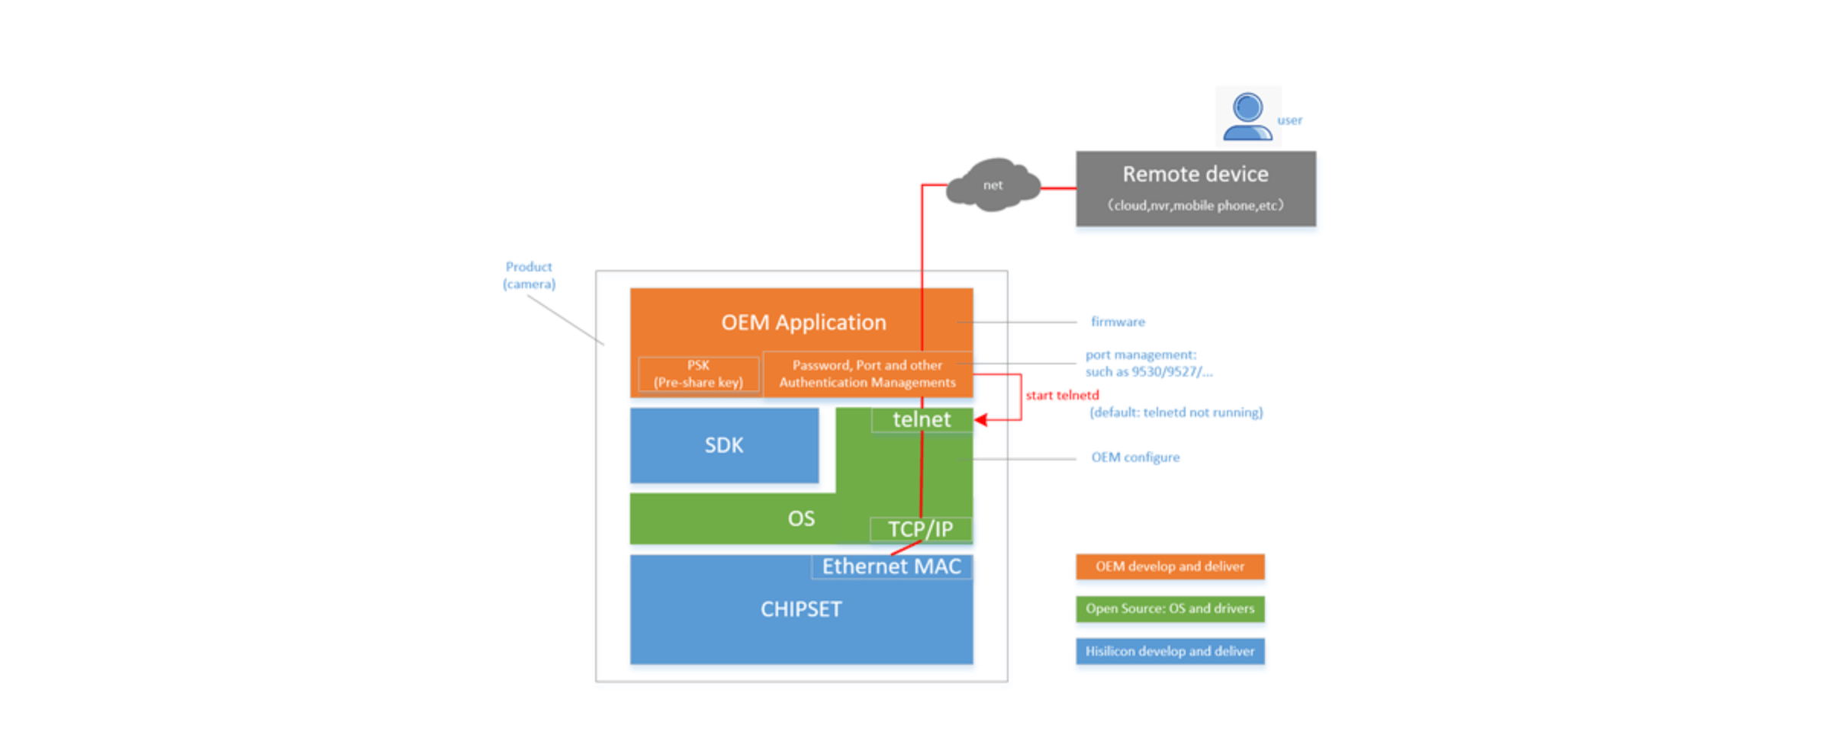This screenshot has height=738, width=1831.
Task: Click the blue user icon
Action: coord(1247,116)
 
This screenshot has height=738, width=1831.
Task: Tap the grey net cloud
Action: coord(993,184)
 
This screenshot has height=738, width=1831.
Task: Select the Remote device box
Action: coord(1195,188)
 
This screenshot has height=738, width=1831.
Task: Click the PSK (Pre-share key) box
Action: coord(698,374)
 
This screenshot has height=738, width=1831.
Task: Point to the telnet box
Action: coord(922,419)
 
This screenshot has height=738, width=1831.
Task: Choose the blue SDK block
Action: coord(724,445)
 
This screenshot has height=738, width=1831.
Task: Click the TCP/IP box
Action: coord(921,529)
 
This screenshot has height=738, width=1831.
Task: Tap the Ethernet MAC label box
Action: coord(891,566)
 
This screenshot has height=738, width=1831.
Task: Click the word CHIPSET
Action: coord(801,609)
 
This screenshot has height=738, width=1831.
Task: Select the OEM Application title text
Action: coord(803,322)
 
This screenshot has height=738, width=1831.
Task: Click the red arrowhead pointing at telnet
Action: coord(981,419)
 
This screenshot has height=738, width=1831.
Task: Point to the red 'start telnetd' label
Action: coord(1062,395)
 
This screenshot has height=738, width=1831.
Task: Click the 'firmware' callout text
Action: coord(1118,322)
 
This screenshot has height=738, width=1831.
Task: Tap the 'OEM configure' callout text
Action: coord(1135,457)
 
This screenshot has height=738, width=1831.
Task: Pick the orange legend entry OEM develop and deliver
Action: coord(1170,566)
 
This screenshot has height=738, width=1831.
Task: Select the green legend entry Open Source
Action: coord(1170,608)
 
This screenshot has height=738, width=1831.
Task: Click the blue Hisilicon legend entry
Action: coord(1170,651)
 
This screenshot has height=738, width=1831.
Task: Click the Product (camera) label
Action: coord(529,275)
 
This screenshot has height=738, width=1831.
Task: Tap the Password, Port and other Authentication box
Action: coord(867,374)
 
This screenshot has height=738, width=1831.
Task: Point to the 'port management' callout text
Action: coord(1149,363)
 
